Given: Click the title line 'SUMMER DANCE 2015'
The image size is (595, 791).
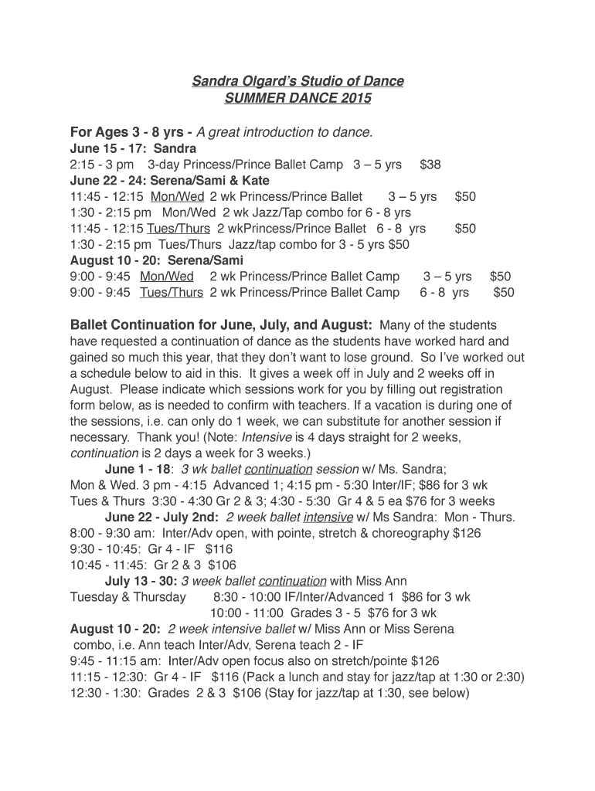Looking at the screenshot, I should (297, 99).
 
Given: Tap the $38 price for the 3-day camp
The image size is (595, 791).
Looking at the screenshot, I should (430, 165).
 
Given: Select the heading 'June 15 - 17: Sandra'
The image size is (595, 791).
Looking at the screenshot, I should (133, 148).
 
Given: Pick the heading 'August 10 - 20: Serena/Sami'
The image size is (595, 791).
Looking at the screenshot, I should (156, 260).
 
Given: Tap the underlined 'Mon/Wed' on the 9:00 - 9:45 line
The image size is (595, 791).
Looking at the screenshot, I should (167, 277).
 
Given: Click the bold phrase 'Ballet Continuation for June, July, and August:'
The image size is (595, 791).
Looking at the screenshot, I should (221, 324).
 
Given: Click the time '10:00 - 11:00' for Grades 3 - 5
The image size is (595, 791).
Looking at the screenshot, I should (247, 613).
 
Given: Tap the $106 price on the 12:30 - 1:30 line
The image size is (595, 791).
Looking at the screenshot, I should (246, 693).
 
